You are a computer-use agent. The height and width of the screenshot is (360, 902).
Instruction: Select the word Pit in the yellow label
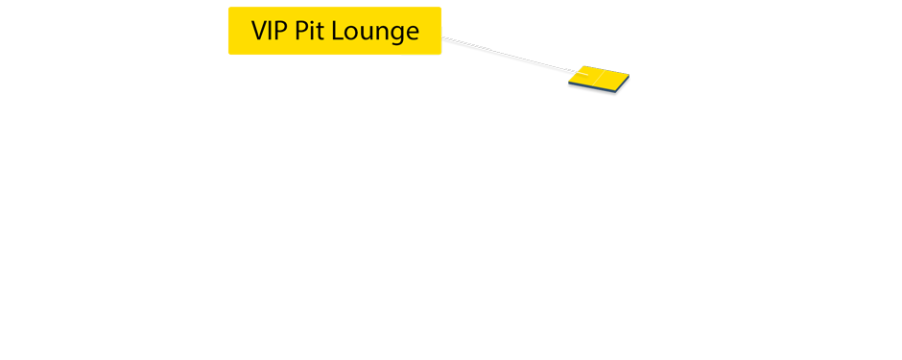tap(307, 31)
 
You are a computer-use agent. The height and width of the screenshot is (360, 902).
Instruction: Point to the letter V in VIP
tap(260, 31)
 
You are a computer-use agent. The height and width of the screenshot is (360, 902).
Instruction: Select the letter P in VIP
tap(281, 31)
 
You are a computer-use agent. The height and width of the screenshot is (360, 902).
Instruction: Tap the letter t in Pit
tap(319, 32)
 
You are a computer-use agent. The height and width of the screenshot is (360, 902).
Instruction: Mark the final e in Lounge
tap(412, 33)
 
